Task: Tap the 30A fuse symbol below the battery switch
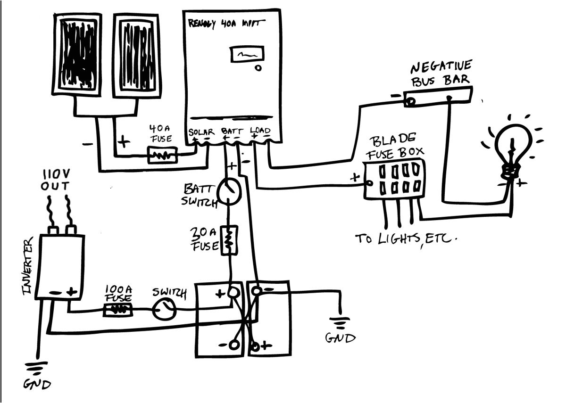(229, 240)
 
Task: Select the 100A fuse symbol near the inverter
(117, 310)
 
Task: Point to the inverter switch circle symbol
(164, 309)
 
